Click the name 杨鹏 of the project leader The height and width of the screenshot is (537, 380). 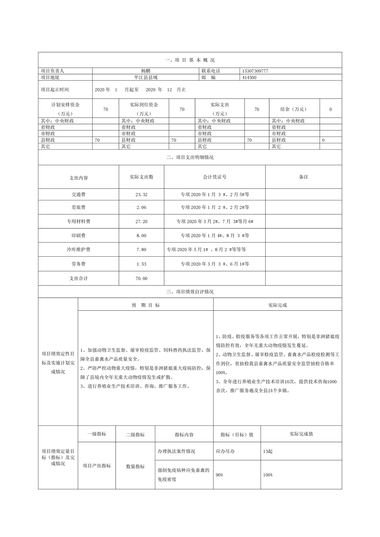tap(146, 71)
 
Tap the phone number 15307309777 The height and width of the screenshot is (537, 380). tap(255, 71)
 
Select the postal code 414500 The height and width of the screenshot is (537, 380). tap(249, 77)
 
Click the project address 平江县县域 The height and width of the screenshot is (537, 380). tap(146, 77)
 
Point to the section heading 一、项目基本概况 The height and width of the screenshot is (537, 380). tap(190, 60)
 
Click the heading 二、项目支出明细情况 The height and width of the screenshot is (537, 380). tap(190, 157)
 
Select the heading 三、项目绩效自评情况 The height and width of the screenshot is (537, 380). tap(190, 292)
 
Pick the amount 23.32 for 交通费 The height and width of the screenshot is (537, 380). tap(142, 195)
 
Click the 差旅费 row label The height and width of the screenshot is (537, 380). tap(79, 207)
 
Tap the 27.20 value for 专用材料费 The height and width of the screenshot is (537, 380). tap(142, 222)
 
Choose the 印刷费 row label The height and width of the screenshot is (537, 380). tap(79, 236)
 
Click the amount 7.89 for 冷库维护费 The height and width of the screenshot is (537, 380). tap(142, 249)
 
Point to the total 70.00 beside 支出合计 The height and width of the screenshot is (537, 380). tap(142, 278)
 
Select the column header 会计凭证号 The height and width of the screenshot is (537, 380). tap(215, 177)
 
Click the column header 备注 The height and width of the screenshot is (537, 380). tap(303, 177)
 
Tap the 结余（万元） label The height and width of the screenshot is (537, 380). tap(293, 109)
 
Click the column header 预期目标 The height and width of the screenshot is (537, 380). tap(146, 304)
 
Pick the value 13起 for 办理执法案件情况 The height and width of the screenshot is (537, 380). tap(267, 451)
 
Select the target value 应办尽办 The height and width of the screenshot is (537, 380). tap(225, 451)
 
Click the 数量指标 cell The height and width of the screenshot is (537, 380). tap(135, 466)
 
